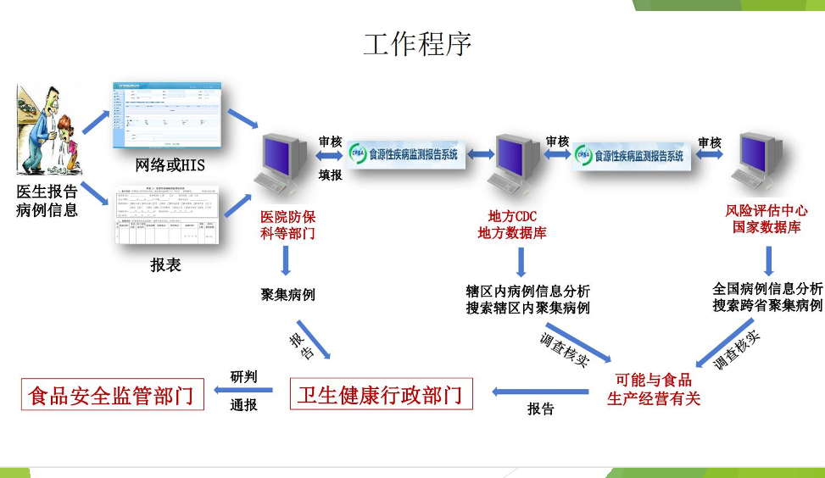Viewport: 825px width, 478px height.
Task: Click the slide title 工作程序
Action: [x=417, y=44]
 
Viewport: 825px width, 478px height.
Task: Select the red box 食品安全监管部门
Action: [x=113, y=395]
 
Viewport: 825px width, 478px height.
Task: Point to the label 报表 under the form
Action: [x=166, y=264]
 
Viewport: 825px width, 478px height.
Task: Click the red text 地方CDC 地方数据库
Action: [x=512, y=224]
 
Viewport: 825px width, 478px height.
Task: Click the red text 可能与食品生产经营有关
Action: [x=653, y=389]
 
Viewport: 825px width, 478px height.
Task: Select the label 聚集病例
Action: [x=287, y=295]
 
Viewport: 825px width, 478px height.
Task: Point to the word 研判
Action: [x=243, y=376]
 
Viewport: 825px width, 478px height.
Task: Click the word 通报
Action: [x=243, y=405]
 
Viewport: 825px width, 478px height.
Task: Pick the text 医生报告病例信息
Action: [x=47, y=200]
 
